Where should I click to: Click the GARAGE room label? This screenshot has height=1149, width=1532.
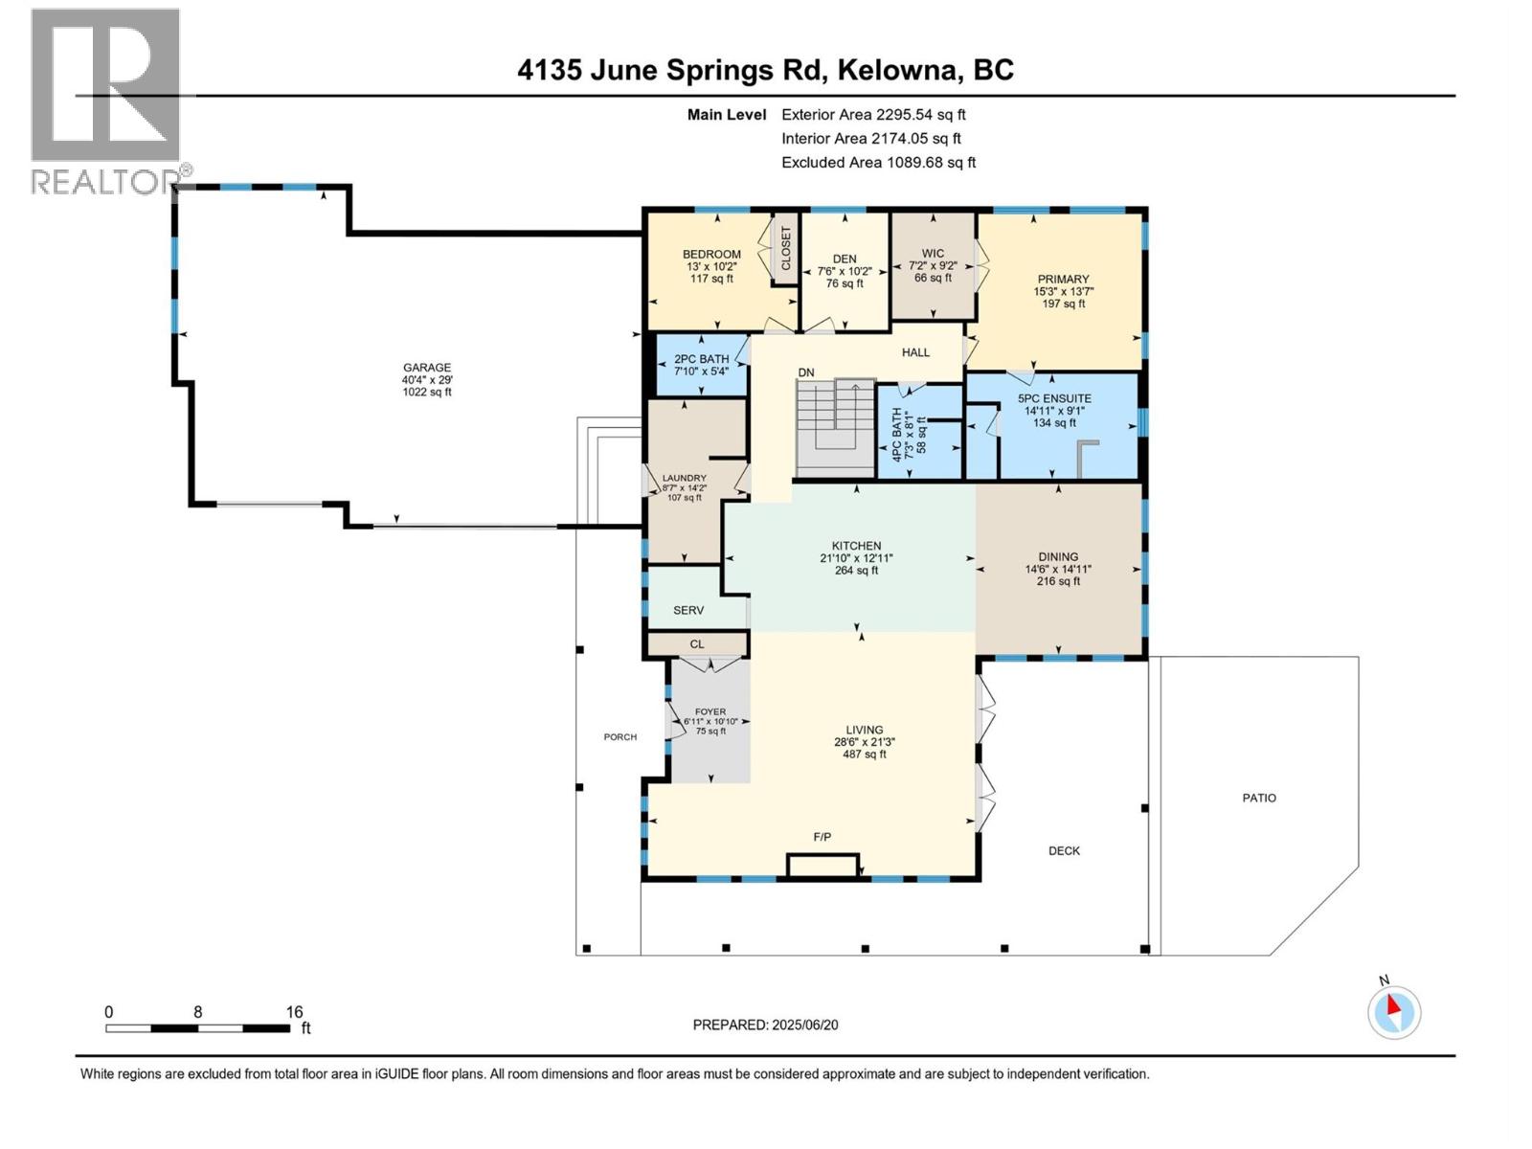click(426, 368)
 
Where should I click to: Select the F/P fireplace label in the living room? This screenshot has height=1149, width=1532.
click(822, 837)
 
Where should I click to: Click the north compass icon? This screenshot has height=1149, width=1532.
click(1393, 1012)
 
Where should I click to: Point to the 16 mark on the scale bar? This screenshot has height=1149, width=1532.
click(294, 1012)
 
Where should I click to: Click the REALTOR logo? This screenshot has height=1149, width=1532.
click(105, 101)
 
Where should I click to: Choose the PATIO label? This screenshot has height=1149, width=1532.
click(1258, 798)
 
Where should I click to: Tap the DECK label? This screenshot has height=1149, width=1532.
click(1064, 850)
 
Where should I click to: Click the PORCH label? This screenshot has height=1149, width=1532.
click(620, 736)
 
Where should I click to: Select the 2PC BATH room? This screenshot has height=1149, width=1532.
click(701, 365)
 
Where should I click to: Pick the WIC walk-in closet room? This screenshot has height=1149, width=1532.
click(933, 265)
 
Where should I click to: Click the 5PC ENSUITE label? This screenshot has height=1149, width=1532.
click(1054, 398)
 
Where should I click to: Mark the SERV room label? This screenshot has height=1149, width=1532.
click(688, 610)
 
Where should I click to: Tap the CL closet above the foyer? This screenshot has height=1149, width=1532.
click(696, 644)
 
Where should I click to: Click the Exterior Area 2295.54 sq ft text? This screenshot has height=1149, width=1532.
click(873, 114)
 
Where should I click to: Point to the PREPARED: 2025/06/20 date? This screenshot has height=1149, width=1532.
click(765, 1025)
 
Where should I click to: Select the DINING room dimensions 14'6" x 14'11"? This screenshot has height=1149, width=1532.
click(1058, 569)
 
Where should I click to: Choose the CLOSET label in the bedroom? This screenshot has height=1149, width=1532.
click(786, 248)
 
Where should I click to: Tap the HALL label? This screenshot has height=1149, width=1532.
click(915, 352)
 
